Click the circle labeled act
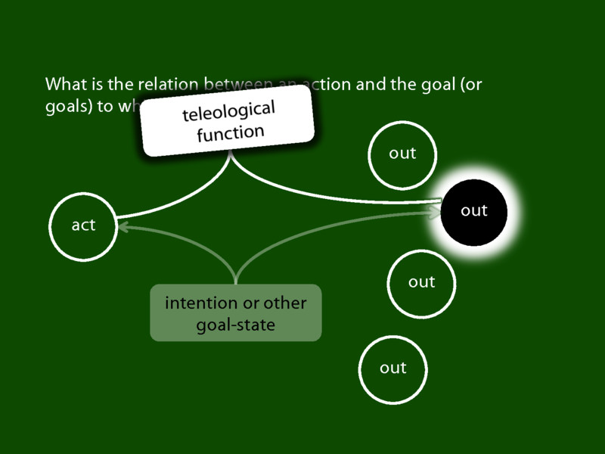pos(82,226)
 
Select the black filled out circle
pos(473,211)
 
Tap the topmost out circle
pos(402,154)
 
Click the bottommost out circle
pos(392,368)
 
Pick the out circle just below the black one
pos(421,282)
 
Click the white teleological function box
pos(228,121)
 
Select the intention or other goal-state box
pos(236,313)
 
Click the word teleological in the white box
pos(228,110)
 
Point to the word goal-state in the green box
pos(235,325)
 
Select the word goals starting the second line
pos(64,106)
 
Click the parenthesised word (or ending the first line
pos(470,84)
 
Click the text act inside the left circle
pos(82,226)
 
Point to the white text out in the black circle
pos(474,211)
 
